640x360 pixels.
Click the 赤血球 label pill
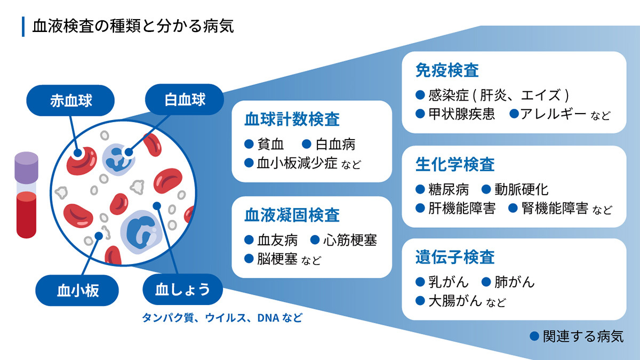tap(71, 101)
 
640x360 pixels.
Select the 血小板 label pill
tap(78, 291)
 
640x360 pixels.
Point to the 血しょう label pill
tap(182, 290)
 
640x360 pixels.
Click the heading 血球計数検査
tap(292, 119)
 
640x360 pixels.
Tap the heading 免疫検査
tap(447, 70)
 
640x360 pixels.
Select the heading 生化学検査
tap(455, 164)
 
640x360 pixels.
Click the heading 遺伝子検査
tap(455, 257)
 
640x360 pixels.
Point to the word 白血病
tap(335, 145)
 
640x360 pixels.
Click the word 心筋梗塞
tap(350, 241)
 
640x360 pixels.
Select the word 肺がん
tap(515, 282)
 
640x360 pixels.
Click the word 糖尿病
tap(449, 189)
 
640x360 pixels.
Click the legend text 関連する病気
tap(582, 337)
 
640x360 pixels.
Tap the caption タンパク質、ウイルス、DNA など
tap(222, 318)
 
